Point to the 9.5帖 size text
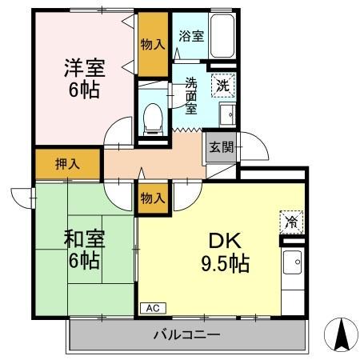[223, 262]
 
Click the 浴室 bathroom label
[190, 36]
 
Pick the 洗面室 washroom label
[191, 95]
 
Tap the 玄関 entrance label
[221, 146]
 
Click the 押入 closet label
[67, 165]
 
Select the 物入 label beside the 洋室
[152, 44]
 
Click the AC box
[151, 307]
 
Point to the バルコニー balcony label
[186, 334]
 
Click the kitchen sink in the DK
[293, 262]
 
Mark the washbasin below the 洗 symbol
[226, 114]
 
